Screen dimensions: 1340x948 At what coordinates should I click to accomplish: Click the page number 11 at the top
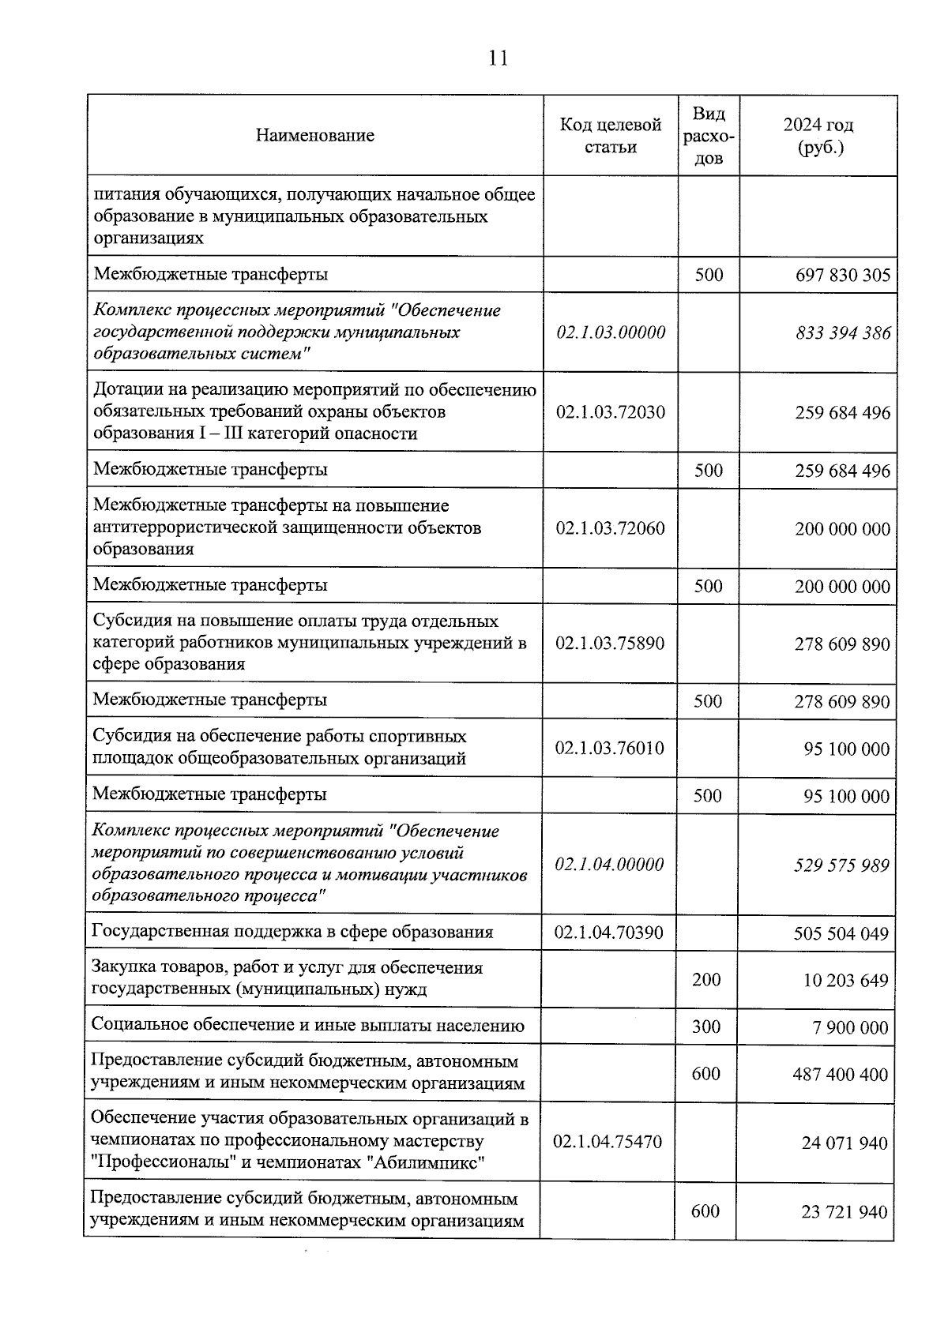click(498, 58)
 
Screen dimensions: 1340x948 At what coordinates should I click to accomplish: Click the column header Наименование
click(314, 136)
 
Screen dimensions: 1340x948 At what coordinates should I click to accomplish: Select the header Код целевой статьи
click(610, 136)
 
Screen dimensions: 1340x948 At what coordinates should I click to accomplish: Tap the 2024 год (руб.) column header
click(818, 136)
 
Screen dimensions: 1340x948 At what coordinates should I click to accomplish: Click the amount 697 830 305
click(842, 275)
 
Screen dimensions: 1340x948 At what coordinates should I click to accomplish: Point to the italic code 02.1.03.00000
click(611, 332)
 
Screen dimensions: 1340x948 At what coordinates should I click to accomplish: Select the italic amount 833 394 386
click(843, 333)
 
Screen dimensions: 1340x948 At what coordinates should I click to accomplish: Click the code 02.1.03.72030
click(610, 412)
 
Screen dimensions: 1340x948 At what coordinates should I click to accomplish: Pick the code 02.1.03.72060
click(610, 528)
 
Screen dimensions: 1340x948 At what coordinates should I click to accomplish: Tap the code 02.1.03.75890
click(610, 644)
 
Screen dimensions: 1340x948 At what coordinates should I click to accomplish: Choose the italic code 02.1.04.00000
click(609, 865)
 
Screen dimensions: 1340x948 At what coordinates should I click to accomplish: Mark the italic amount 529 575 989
click(841, 865)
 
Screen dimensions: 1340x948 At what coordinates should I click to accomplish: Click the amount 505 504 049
click(841, 934)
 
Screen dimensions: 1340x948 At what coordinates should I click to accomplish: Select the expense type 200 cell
click(706, 980)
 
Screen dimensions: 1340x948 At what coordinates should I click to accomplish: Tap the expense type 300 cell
click(706, 1027)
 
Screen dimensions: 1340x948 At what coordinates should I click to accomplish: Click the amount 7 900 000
click(851, 1027)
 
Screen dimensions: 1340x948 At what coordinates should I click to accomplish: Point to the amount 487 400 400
click(841, 1075)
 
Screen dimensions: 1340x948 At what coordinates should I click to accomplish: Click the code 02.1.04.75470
click(608, 1142)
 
